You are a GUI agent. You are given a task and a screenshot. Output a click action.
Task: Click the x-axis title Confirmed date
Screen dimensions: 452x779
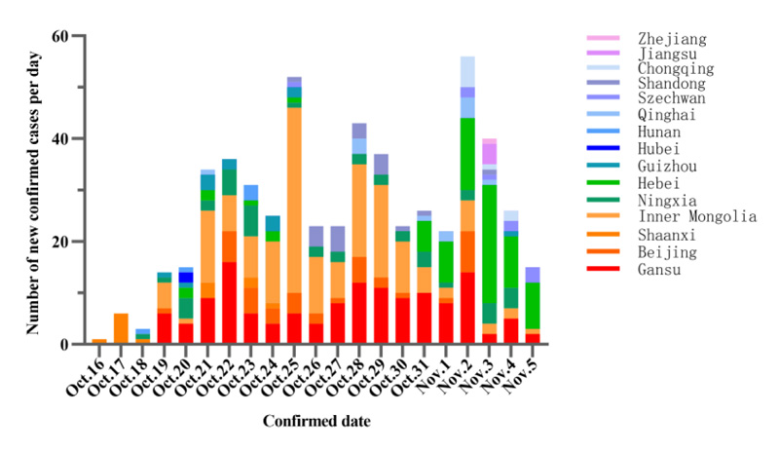click(315, 422)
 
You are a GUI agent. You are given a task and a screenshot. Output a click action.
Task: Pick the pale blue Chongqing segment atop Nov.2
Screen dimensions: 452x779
click(467, 71)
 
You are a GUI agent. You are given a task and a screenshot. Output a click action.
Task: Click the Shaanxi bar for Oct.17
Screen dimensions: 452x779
click(121, 328)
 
